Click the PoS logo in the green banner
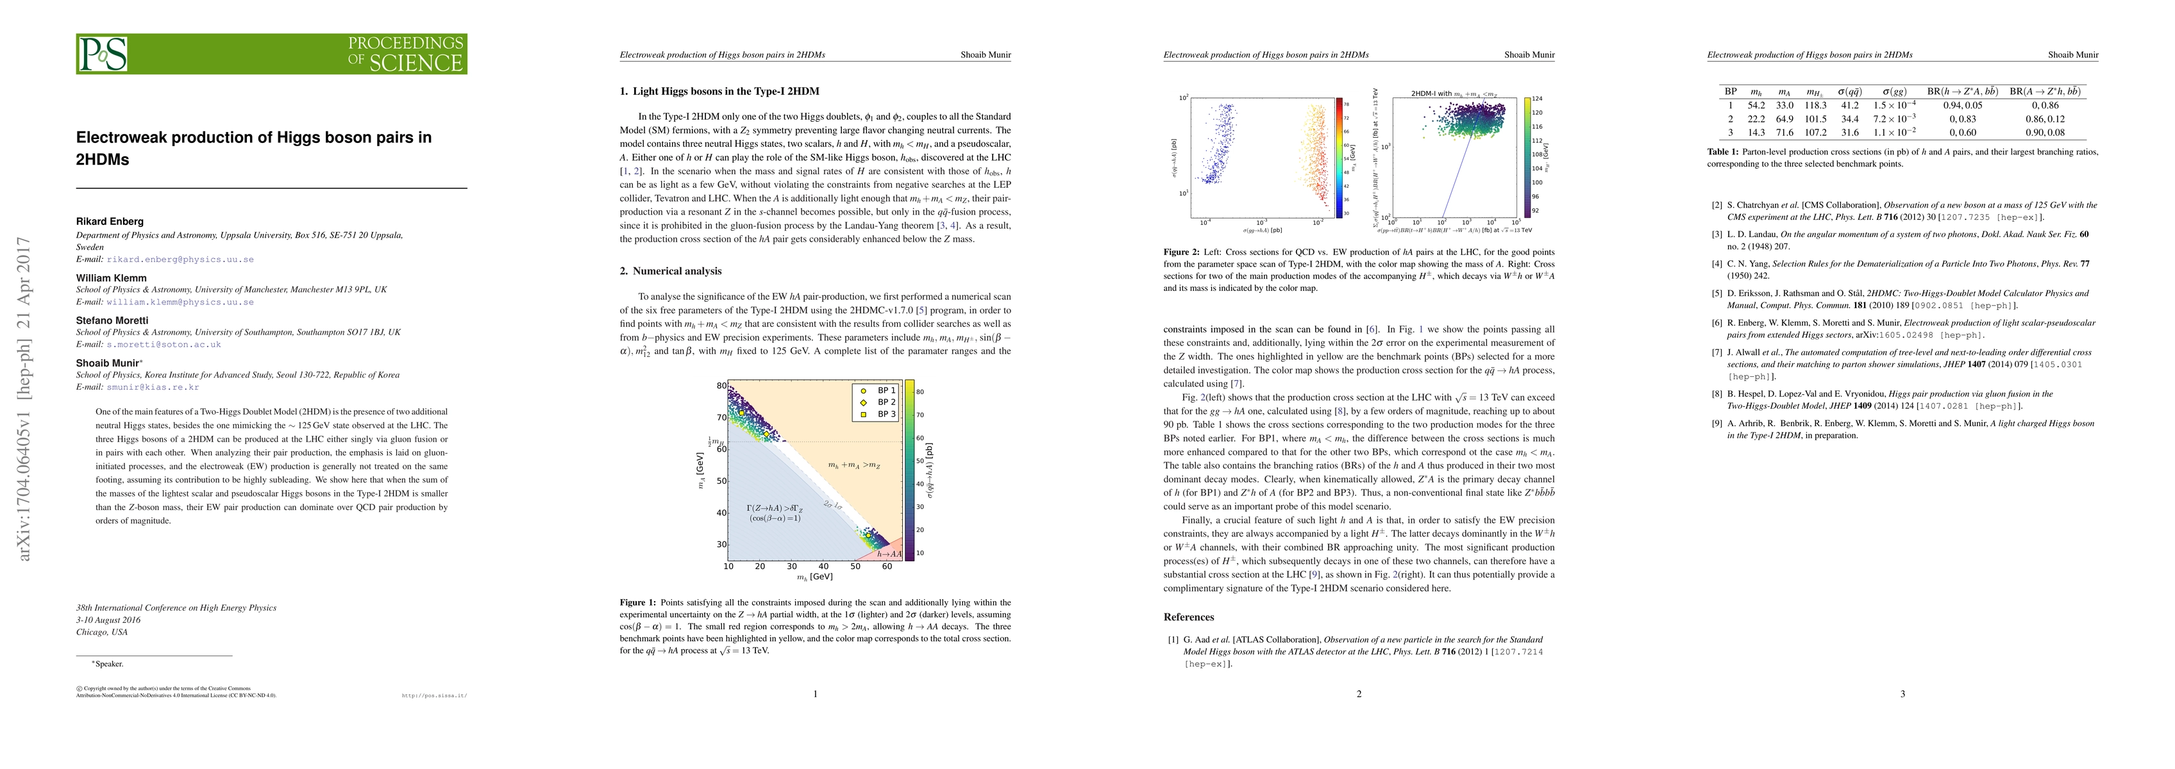(x=103, y=54)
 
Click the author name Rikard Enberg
(x=110, y=221)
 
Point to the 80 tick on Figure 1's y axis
(x=722, y=386)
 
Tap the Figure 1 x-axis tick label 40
(x=823, y=566)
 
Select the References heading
(x=1188, y=617)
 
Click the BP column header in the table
(x=1730, y=91)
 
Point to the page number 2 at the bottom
(x=1359, y=694)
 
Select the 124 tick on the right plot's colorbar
(x=1538, y=99)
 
